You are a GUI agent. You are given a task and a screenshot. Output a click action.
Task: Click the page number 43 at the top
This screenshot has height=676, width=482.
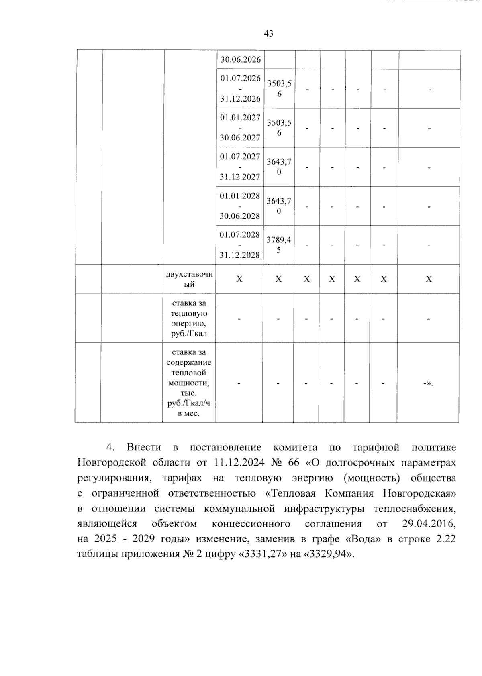point(269,33)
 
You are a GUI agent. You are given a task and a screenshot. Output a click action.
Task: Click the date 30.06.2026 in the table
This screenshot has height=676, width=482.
point(240,60)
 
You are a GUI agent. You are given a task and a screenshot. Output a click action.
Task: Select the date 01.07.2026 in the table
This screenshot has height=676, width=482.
point(240,78)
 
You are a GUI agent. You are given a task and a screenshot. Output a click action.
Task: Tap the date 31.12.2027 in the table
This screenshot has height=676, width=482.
point(240,177)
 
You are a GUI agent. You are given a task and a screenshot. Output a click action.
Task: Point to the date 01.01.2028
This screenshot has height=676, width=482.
point(240,195)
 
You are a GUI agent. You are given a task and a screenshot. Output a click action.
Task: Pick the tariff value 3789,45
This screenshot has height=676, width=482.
point(279,245)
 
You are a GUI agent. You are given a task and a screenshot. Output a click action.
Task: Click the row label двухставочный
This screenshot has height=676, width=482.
point(189,279)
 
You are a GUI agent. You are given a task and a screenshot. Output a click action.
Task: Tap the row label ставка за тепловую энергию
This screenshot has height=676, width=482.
point(189,318)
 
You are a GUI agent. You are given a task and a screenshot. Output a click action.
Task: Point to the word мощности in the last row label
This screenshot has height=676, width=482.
point(188,383)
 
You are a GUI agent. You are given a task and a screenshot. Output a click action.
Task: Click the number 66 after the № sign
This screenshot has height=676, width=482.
point(294,462)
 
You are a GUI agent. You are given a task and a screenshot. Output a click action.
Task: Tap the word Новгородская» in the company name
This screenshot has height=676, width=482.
point(419,493)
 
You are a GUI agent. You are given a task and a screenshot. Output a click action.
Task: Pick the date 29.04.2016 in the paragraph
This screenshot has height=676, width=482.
point(429,523)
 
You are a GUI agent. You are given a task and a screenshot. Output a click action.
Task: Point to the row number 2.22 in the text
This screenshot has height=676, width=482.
point(445,539)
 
